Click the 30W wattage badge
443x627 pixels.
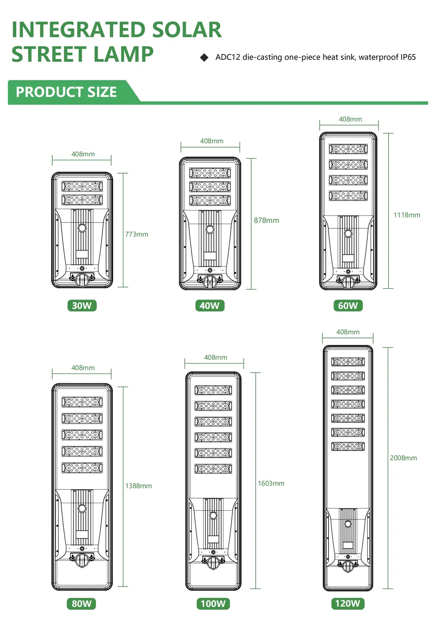82,305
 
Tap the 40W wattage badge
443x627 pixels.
210,305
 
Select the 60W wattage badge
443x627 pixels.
348,305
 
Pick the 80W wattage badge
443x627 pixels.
81,604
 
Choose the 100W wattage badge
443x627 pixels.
213,604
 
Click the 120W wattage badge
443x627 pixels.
348,604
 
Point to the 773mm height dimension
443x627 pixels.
137,234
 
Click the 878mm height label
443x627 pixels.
266,220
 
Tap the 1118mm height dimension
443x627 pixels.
407,215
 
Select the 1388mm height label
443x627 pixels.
138,486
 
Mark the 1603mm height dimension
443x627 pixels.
271,483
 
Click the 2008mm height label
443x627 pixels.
403,458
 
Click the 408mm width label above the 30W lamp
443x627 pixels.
83,154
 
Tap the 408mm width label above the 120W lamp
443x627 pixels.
348,332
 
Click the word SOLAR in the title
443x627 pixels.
187,30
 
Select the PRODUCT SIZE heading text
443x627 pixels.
66,92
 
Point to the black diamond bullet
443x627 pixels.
204,58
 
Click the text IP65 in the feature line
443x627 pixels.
408,57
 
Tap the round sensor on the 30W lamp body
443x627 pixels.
82,228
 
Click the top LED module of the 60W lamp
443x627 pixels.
348,149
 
